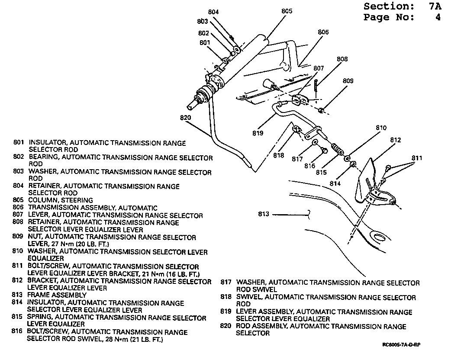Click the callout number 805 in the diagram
[287, 11]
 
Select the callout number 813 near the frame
[264, 214]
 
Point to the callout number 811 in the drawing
[417, 158]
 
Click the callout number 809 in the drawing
[348, 81]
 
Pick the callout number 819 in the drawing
[258, 133]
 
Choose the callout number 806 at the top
[323, 32]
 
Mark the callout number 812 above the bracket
[395, 140]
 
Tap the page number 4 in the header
[438, 18]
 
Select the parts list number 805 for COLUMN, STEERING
[19, 200]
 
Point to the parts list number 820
[226, 326]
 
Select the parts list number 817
[226, 283]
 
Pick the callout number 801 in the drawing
[205, 42]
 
